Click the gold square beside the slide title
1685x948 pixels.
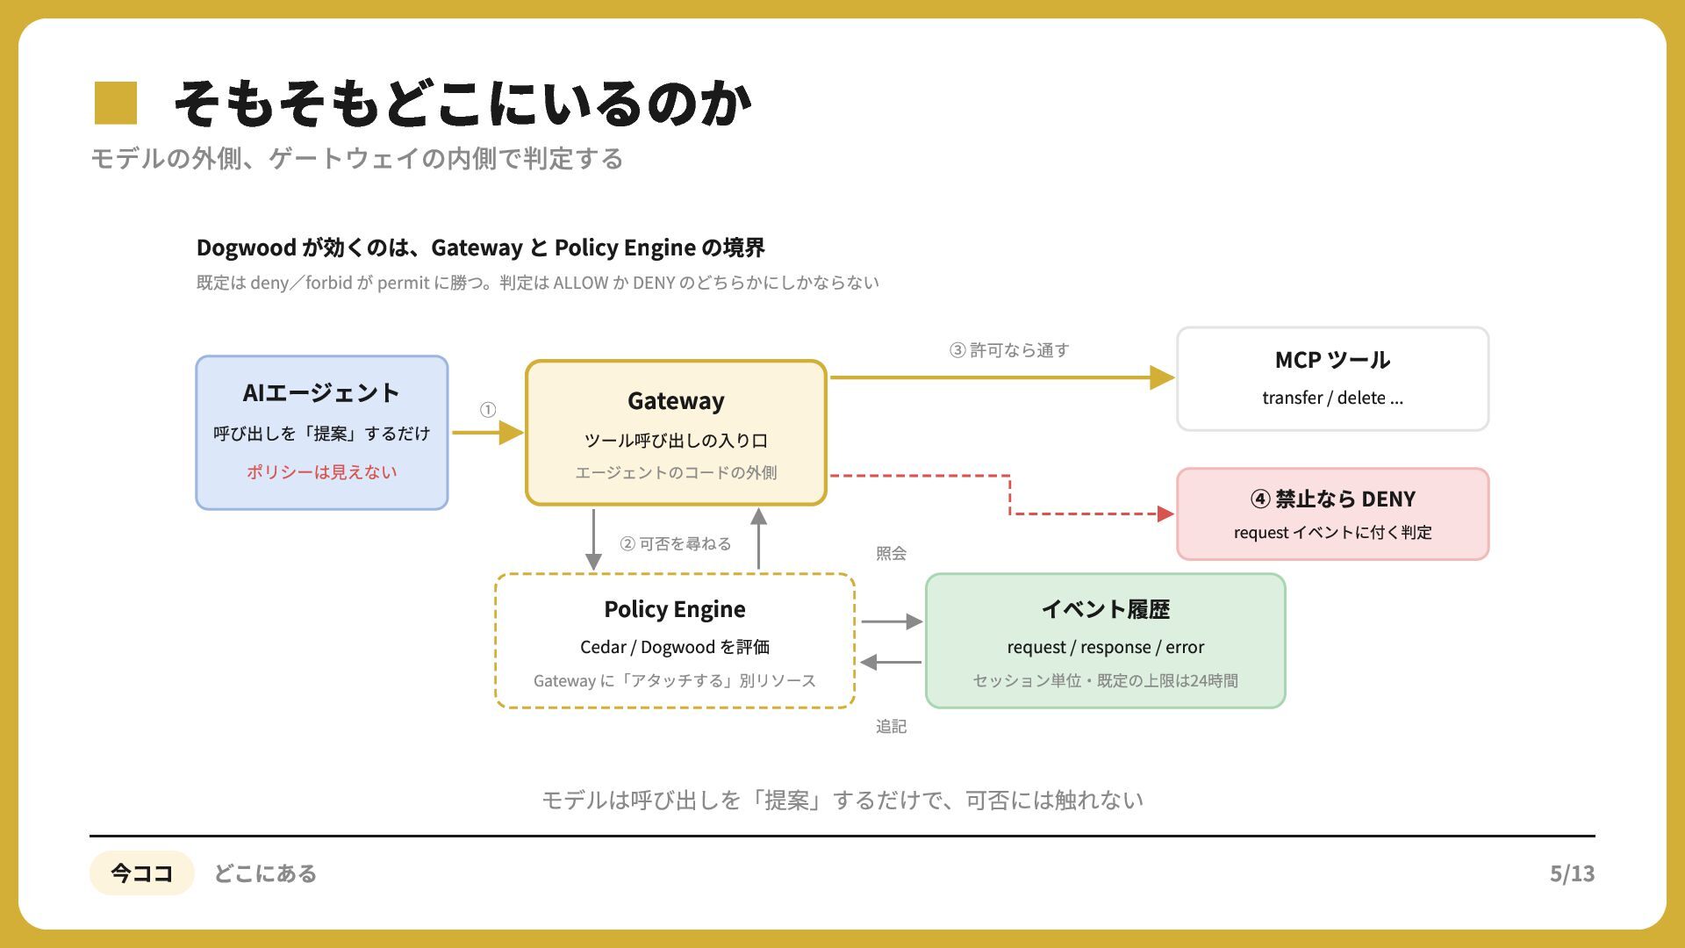coord(116,103)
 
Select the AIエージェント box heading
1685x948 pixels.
coord(321,392)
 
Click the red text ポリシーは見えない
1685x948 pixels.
coord(321,472)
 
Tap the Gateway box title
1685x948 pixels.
coord(676,401)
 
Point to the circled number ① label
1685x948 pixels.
coord(488,410)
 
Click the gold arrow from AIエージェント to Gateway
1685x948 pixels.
coord(488,433)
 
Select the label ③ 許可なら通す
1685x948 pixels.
coord(1009,350)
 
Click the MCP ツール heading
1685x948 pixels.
coord(1332,360)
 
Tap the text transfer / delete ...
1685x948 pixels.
coord(1332,398)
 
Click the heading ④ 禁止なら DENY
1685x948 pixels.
coord(1332,499)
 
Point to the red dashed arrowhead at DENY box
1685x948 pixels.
coord(1166,513)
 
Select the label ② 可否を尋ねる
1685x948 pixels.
coord(676,544)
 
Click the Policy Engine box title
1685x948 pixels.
coord(675,609)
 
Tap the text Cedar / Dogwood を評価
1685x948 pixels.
coord(675,647)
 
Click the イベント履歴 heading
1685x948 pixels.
coord(1106,609)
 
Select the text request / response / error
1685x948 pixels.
coord(1106,647)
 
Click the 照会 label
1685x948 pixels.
coord(891,553)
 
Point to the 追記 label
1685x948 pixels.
coord(891,726)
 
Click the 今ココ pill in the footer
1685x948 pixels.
coord(141,873)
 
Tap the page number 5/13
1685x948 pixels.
coord(1572,873)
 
